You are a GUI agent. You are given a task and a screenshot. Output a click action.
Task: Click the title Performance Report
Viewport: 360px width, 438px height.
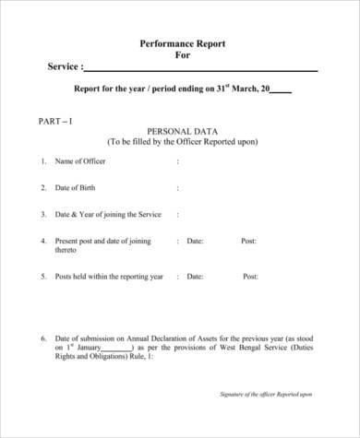click(182, 43)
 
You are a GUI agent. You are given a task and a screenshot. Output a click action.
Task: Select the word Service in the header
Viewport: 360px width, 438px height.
click(63, 67)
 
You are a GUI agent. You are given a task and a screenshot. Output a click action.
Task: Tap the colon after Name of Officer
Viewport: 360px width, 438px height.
click(178, 161)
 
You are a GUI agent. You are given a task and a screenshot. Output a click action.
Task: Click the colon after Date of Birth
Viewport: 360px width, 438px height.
click(178, 188)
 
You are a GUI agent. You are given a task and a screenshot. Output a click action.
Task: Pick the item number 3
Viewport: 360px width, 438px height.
click(43, 215)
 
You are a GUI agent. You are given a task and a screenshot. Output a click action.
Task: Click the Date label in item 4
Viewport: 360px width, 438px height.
click(195, 242)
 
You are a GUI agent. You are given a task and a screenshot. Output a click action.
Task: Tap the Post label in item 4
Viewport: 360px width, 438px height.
click(248, 242)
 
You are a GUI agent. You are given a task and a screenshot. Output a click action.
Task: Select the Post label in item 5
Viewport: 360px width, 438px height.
click(250, 277)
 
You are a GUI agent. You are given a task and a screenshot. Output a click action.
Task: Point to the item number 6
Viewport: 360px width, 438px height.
click(43, 337)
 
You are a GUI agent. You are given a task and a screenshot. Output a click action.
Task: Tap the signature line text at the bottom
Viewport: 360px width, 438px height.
click(266, 394)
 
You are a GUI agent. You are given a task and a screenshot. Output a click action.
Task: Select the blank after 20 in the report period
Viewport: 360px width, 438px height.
click(282, 90)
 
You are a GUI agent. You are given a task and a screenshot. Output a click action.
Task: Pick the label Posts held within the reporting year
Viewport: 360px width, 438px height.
click(109, 277)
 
